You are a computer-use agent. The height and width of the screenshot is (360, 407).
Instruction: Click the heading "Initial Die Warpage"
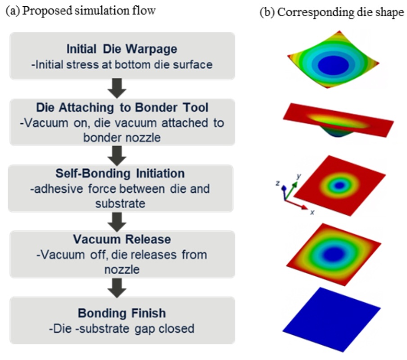122,49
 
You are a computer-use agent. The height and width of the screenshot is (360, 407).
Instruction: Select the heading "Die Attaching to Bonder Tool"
122,108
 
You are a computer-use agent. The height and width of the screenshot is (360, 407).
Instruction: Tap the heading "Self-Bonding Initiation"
120,173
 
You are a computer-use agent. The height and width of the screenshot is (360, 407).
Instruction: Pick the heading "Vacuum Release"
122,239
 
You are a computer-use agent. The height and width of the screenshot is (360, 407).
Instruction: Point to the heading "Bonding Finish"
122,313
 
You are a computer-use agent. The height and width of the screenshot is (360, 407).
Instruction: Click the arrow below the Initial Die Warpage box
117,88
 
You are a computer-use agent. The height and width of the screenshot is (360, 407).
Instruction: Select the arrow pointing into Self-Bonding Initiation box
117,156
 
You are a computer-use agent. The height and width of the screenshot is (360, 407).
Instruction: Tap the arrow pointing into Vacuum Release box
117,222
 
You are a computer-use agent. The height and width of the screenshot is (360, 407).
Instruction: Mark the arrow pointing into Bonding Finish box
117,288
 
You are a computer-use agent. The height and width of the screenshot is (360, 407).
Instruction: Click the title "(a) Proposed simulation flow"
81,11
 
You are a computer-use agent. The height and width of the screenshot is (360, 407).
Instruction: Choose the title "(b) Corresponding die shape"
332,12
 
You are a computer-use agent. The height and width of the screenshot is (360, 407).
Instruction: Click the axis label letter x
312,212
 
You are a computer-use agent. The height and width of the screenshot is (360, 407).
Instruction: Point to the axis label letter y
299,176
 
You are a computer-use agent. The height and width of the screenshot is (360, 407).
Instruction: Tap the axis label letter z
278,183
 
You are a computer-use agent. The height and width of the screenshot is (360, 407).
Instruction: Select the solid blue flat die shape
331,319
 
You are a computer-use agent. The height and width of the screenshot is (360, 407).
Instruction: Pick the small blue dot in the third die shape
339,185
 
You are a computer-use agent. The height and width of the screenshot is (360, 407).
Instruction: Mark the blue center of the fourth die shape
334,253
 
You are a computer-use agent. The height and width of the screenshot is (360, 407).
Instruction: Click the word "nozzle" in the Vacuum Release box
122,270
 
